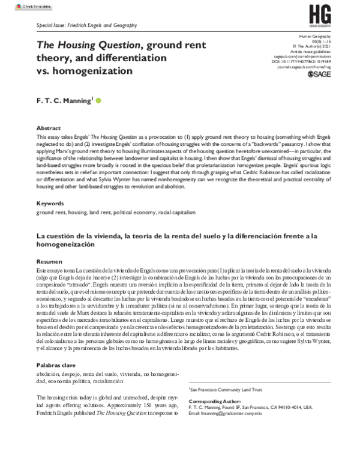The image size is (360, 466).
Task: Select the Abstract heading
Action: pyautogui.click(x=49, y=129)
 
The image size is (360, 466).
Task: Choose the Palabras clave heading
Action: pyautogui.click(x=56, y=365)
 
